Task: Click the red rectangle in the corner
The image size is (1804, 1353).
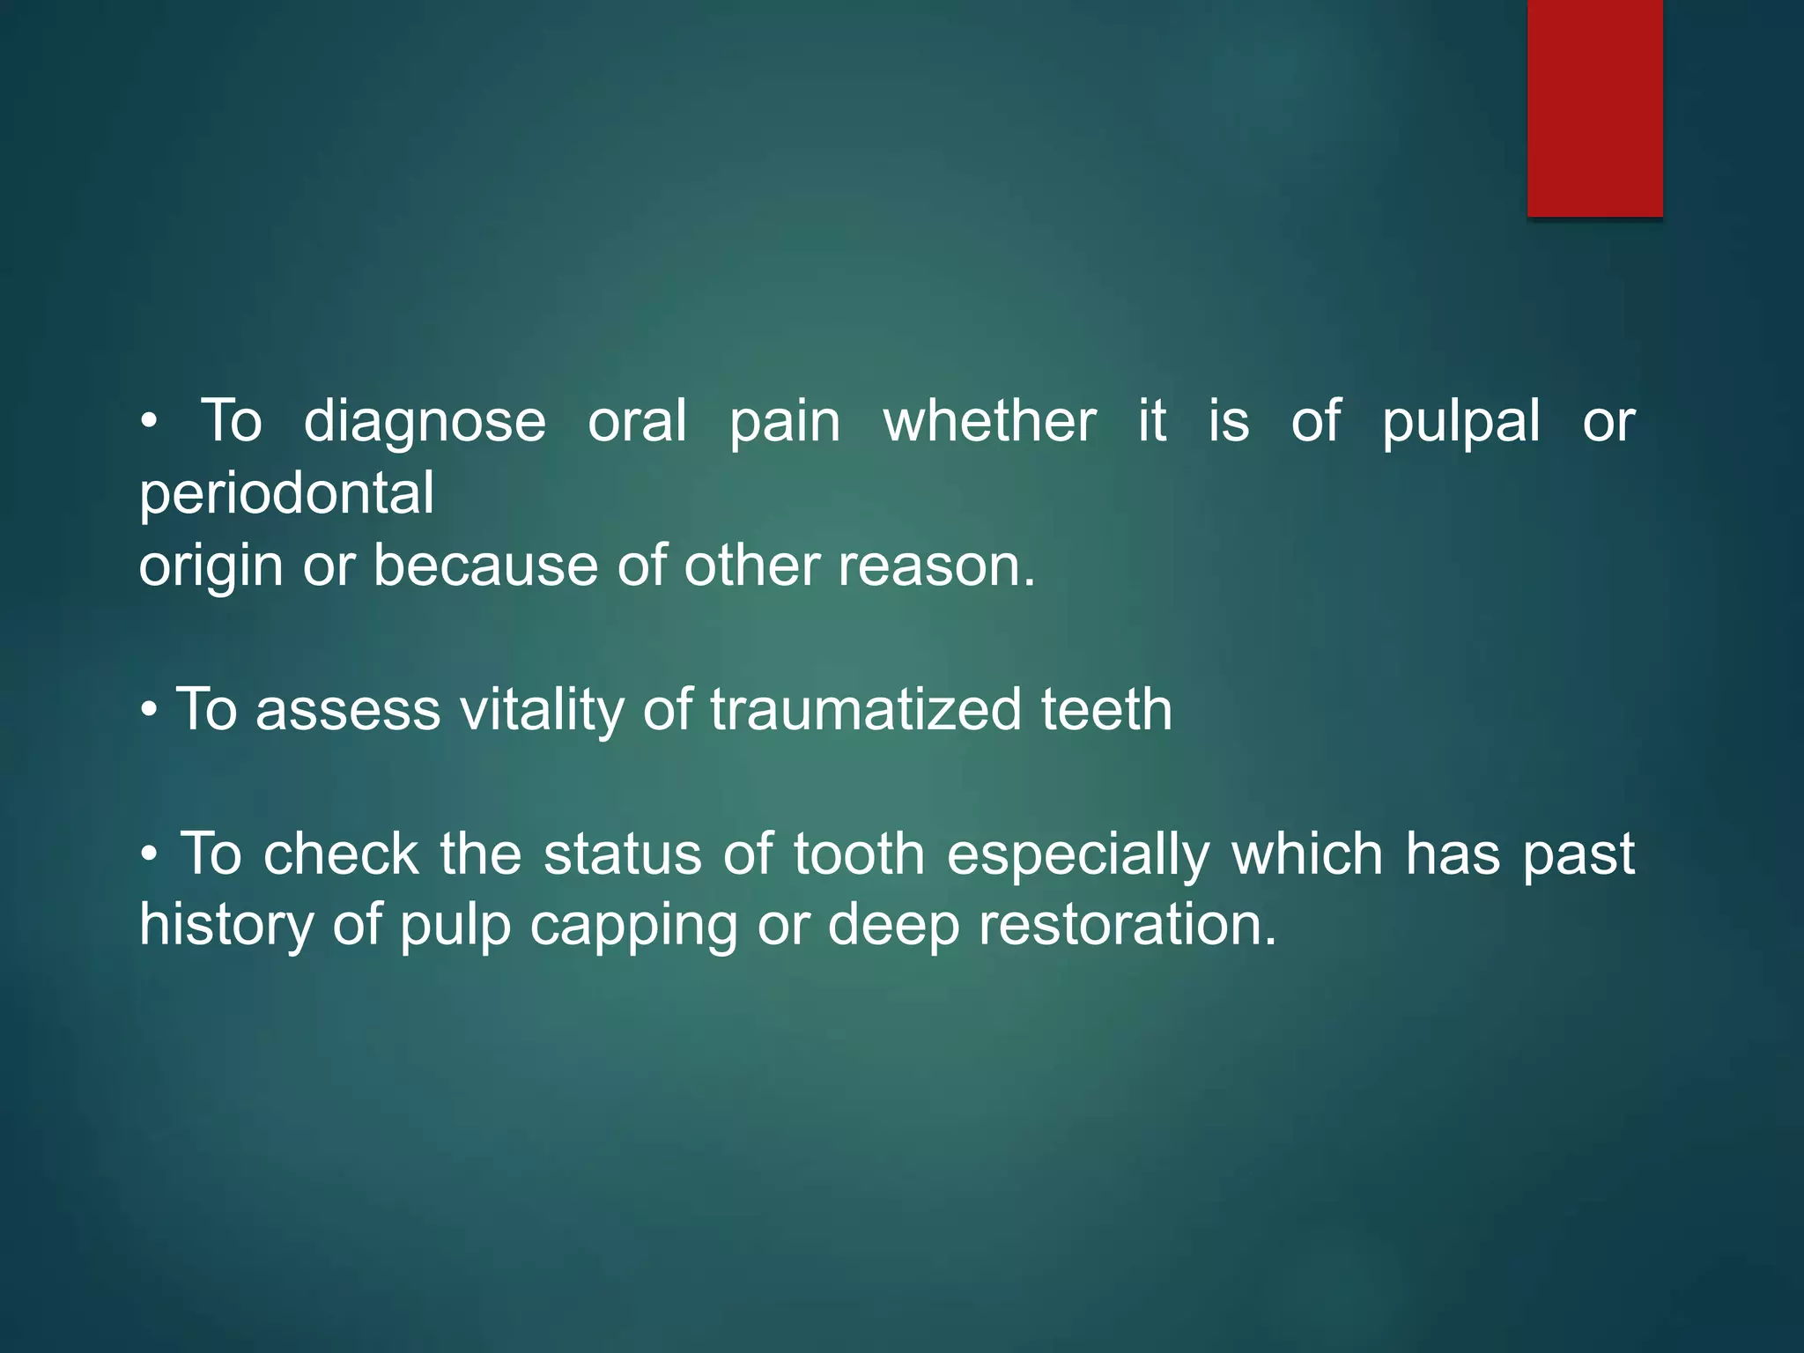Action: (x=1594, y=107)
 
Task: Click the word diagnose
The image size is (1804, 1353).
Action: (x=425, y=421)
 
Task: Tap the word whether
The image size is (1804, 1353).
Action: (x=989, y=421)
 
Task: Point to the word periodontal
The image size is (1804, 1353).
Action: (x=286, y=494)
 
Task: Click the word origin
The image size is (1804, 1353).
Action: (x=211, y=566)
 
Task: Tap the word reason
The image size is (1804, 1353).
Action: (x=936, y=566)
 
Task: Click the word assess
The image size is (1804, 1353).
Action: (x=347, y=710)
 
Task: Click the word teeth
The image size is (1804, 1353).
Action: (x=1106, y=710)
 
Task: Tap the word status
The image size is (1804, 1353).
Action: (x=622, y=854)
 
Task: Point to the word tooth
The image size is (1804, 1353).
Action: (x=859, y=854)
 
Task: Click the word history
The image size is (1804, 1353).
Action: (x=225, y=927)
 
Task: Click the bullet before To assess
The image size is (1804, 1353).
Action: (x=150, y=710)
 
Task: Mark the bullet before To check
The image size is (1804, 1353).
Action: (x=150, y=854)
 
